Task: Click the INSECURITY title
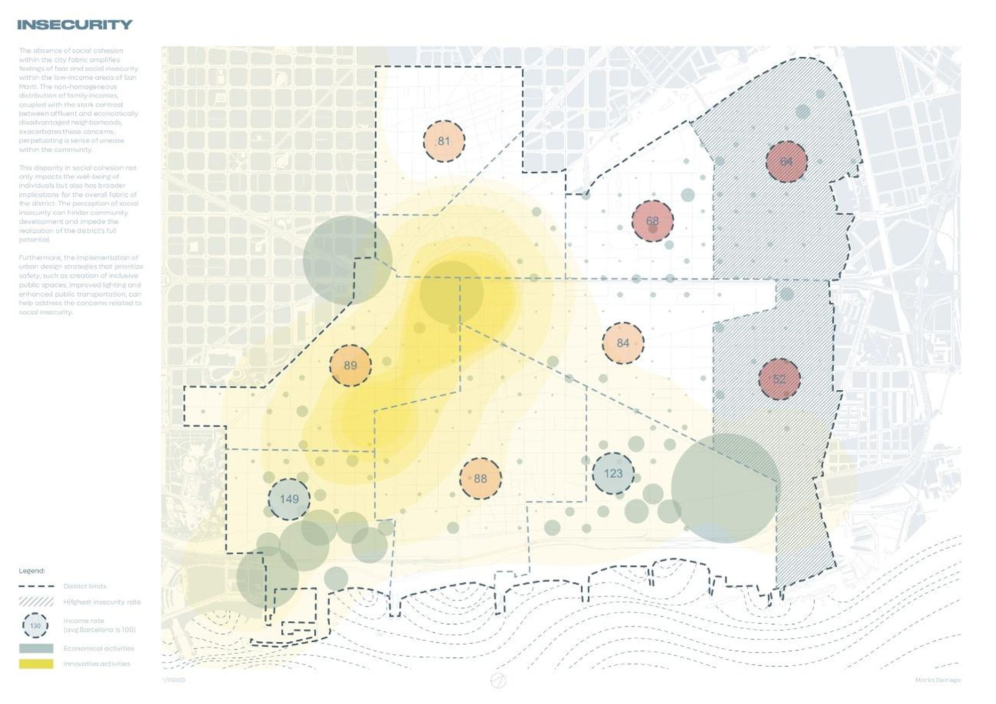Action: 75,25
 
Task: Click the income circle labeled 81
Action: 444,141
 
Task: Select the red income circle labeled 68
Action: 652,221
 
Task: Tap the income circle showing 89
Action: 350,365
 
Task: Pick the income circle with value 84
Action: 622,343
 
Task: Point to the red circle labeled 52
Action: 779,379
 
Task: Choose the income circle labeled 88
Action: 480,478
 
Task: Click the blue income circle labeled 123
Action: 613,473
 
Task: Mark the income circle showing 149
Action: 289,499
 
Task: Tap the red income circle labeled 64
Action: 786,162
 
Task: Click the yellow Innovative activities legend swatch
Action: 36,664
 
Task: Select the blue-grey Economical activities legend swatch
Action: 36,648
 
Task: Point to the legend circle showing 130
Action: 35,626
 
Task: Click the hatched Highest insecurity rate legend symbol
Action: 36,602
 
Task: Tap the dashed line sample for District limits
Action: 36,587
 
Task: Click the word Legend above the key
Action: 32,571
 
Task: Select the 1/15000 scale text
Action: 173,680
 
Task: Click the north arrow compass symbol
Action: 498,681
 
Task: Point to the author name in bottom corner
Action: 938,680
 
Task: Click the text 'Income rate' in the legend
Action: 84,621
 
